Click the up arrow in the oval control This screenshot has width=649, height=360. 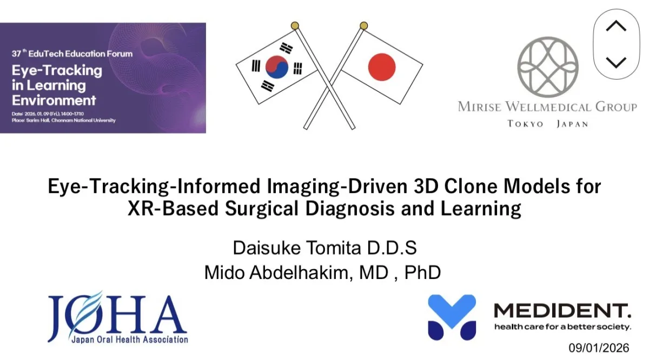coord(616,25)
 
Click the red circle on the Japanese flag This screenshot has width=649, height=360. coord(382,67)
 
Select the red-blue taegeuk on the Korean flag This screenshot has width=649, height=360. coord(277,67)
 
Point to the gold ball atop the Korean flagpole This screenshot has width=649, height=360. coord(295,25)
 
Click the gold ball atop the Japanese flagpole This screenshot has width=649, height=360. coord(364,25)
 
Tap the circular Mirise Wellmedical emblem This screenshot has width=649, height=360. coord(547,67)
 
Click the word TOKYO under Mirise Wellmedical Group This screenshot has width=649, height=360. coord(525,124)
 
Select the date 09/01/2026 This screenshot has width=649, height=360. coord(599,348)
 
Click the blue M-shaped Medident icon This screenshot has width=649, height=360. coord(452,317)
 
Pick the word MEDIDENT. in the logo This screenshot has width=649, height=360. coord(562,311)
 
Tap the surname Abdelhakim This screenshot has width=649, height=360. coord(301,272)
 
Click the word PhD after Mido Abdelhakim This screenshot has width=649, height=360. coord(422,272)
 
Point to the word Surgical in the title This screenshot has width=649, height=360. coord(262,209)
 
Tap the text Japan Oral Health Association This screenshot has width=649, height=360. coord(130,339)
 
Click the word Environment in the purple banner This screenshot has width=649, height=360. coord(54,101)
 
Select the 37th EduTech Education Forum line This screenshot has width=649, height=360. coord(72,54)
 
